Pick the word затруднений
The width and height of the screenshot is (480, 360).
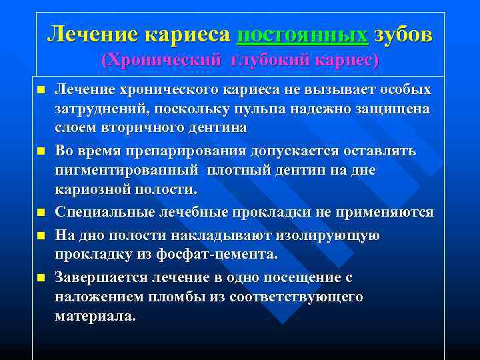tap(99, 109)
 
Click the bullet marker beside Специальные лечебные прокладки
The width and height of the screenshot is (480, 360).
tap(41, 213)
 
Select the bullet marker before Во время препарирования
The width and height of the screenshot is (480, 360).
tap(41, 152)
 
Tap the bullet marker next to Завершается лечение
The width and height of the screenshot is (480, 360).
tap(41, 278)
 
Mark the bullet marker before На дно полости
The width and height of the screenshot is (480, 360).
tap(41, 236)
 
